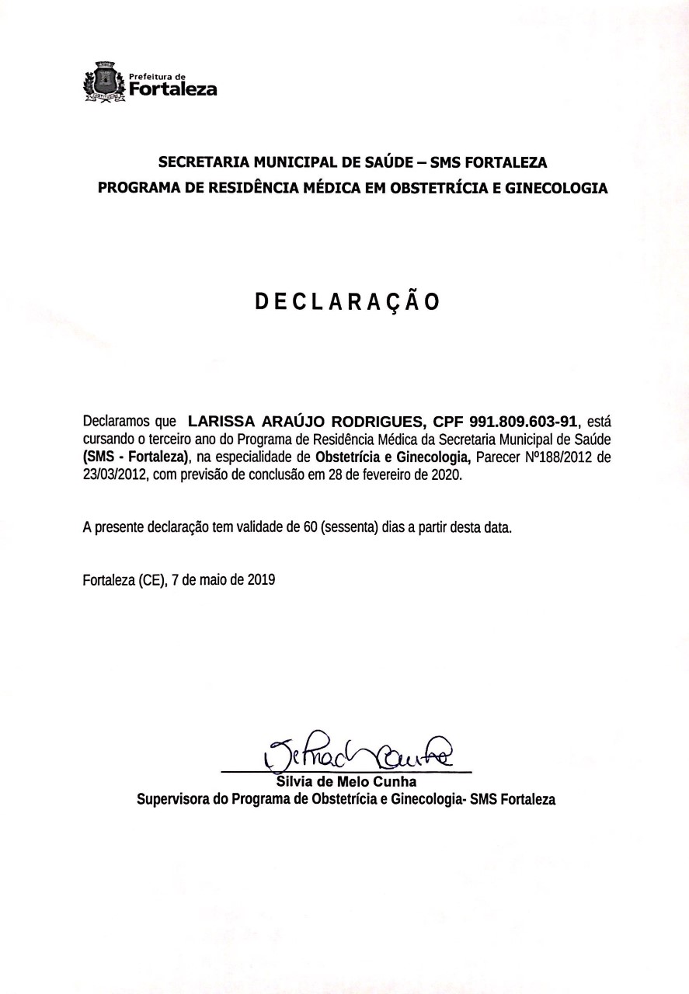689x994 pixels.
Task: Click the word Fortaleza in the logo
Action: (x=172, y=89)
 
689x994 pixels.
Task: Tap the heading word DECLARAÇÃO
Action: (x=348, y=301)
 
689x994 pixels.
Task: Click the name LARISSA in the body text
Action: (x=221, y=422)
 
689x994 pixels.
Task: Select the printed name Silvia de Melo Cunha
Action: (x=346, y=781)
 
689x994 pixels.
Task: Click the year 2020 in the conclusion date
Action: (x=445, y=474)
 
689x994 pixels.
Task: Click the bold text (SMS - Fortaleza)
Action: (x=137, y=457)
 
